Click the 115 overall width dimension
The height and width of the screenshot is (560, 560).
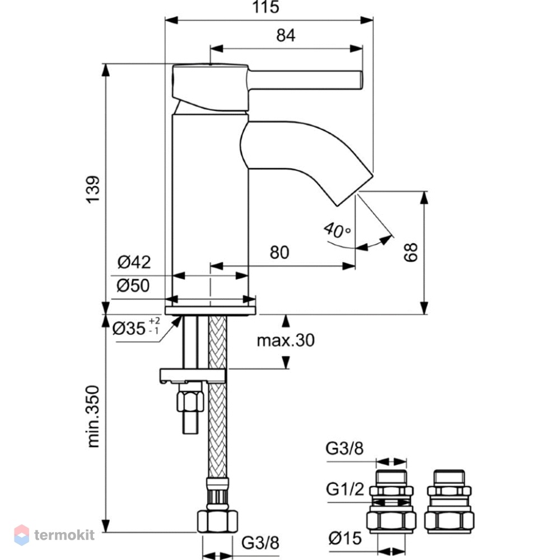[x=265, y=7]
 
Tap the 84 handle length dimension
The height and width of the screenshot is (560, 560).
[x=286, y=35]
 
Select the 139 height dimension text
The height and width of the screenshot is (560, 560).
[x=93, y=190]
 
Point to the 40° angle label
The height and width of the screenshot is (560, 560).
[x=337, y=230]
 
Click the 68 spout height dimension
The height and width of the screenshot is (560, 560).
[x=411, y=252]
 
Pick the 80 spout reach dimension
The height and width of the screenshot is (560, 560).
[x=279, y=253]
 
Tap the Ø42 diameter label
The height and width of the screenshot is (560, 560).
[x=134, y=262]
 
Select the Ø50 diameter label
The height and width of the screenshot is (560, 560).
[x=133, y=286]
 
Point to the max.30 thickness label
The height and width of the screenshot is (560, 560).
[x=286, y=340]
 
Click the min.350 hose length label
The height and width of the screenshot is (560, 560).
[x=93, y=417]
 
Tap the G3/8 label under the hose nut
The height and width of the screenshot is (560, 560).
[x=260, y=543]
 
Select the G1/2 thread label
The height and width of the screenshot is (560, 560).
[x=344, y=489]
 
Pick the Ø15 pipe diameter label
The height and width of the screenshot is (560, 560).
[x=345, y=538]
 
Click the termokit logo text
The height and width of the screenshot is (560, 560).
[x=64, y=535]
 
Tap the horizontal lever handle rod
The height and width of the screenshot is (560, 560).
[x=305, y=80]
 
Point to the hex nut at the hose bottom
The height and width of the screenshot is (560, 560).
[x=217, y=521]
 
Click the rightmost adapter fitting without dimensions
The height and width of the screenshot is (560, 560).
[x=449, y=501]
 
